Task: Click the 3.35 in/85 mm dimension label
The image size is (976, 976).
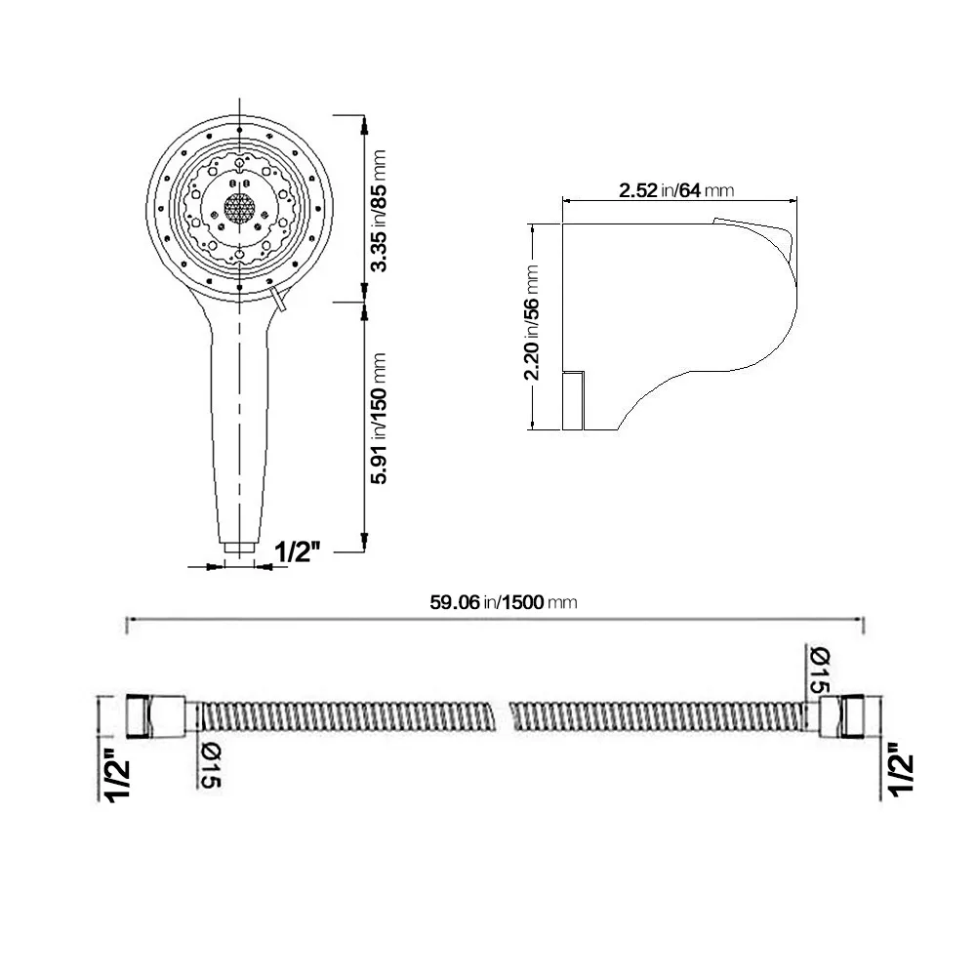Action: pyautogui.click(x=378, y=211)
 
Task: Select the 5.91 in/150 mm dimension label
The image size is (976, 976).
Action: pyautogui.click(x=378, y=419)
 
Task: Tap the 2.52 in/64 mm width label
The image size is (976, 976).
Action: pyautogui.click(x=676, y=190)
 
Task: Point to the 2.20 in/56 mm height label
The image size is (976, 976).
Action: pyautogui.click(x=531, y=322)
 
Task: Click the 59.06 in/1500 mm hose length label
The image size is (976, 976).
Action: pyautogui.click(x=504, y=602)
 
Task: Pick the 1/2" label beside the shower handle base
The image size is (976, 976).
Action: pyautogui.click(x=298, y=550)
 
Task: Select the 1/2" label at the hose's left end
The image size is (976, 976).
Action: pyautogui.click(x=117, y=775)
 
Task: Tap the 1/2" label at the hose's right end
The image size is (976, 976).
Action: pyautogui.click(x=901, y=769)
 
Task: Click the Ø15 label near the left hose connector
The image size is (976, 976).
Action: pyautogui.click(x=211, y=765)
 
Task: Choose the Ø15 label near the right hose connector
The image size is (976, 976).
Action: pyautogui.click(x=820, y=670)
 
